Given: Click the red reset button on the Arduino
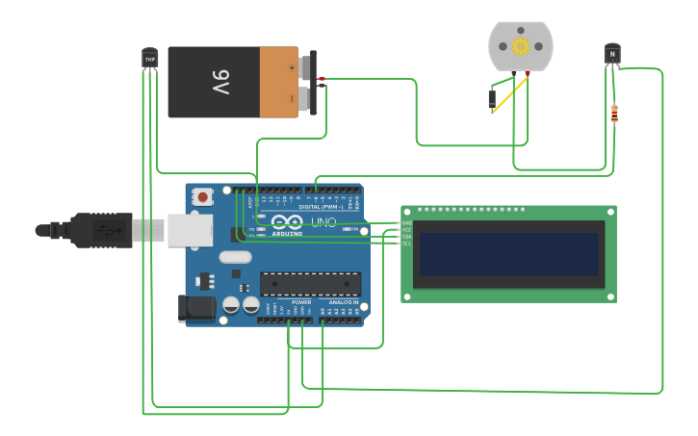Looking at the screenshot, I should (202, 196).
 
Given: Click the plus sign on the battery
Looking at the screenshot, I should (292, 67).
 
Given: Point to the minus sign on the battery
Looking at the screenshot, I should (292, 98).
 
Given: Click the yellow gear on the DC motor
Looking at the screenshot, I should (521, 46).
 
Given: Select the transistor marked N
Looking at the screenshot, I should (611, 55).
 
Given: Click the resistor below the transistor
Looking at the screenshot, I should (614, 115).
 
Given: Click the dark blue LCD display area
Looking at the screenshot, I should (508, 254).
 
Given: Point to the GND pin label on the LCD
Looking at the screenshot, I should (406, 223).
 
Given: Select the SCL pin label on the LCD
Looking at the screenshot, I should (406, 244).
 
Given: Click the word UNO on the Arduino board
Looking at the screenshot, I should (323, 222).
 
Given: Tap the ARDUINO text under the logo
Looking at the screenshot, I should (287, 233).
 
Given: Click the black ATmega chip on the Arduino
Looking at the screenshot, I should (310, 284).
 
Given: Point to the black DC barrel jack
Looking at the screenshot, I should (196, 308).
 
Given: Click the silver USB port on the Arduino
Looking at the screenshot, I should (190, 231).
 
